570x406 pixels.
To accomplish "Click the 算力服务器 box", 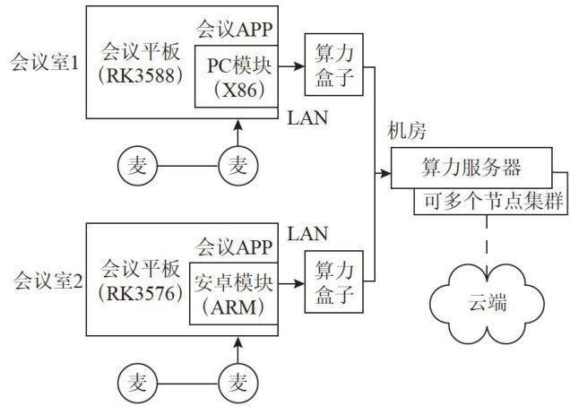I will coord(471,168).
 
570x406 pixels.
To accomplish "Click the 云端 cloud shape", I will coord(488,302).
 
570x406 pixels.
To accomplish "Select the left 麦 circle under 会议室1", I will coord(137,165).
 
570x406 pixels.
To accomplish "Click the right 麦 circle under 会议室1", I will coord(238,165).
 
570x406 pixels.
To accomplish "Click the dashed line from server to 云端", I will coord(487,242).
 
